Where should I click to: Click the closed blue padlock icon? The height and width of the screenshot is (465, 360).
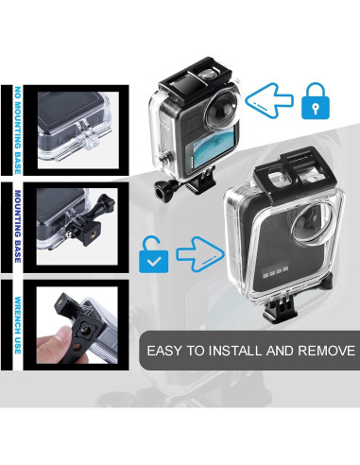coord(316,100)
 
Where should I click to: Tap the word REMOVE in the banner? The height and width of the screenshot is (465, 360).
coord(322,351)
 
